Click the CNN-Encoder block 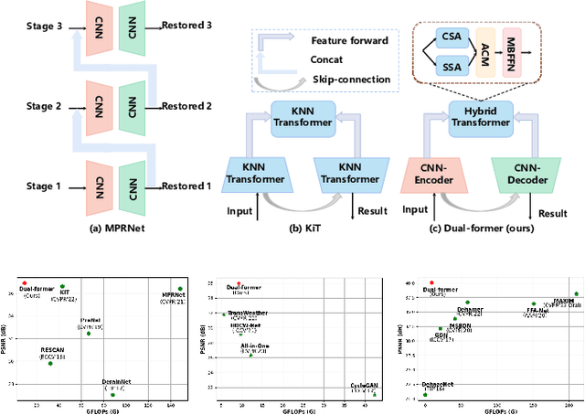pos(432,175)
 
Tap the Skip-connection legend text pos(349,80)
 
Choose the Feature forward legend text pos(351,41)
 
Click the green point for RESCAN pos(49,363)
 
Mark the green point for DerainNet pos(112,395)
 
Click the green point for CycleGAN pos(374,395)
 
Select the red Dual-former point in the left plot pos(24,283)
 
